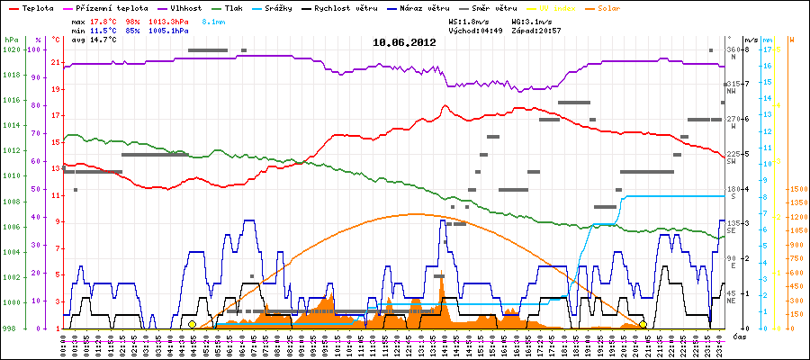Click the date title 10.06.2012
pyautogui.click(x=404, y=42)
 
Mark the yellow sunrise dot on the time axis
pyautogui.click(x=192, y=324)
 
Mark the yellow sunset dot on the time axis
pyautogui.click(x=643, y=324)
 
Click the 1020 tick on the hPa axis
pyautogui.click(x=10, y=49)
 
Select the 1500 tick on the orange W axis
pyautogui.click(x=796, y=189)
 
